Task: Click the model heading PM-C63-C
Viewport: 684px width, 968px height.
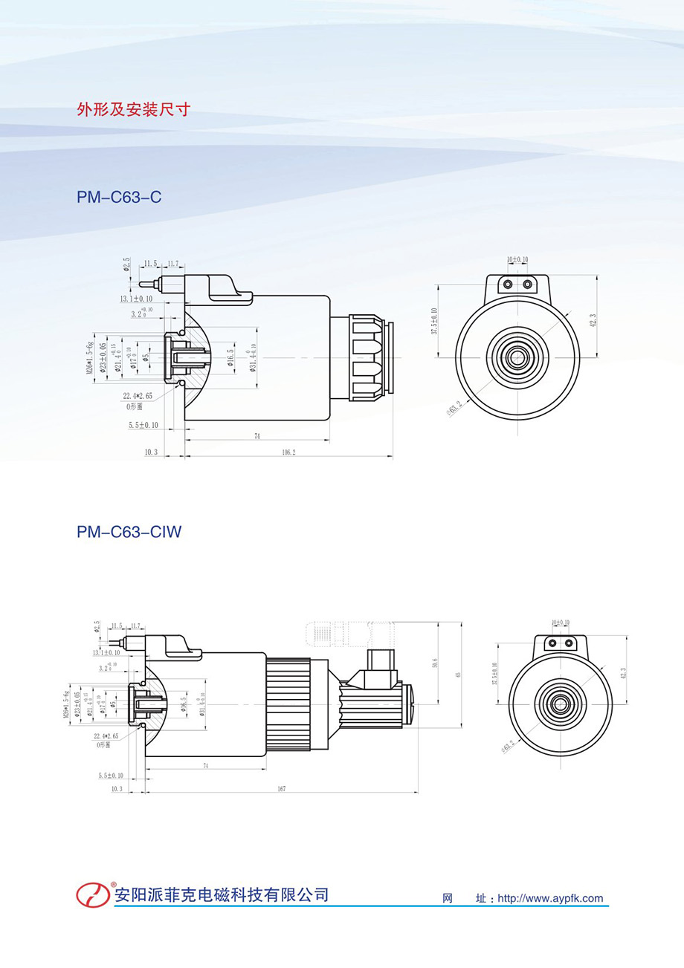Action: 119,198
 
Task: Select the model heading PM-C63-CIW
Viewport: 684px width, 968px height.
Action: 129,532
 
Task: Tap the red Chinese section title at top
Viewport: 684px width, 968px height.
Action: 134,110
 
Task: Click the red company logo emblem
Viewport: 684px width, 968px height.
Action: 93,894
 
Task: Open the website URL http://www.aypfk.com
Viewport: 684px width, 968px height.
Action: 550,898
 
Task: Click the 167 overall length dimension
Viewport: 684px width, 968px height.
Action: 281,788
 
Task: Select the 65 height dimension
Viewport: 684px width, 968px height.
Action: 459,675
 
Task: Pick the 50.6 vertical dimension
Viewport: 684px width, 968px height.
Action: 435,666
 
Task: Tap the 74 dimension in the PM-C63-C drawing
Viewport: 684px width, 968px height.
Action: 256,436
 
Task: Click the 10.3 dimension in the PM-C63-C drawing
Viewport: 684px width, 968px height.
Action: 152,452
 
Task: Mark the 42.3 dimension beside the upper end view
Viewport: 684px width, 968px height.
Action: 593,319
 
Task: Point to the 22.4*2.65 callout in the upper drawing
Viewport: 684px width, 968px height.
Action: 139,396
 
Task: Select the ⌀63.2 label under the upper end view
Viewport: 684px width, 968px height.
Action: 454,408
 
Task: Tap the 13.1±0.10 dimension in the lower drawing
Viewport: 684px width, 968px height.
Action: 108,652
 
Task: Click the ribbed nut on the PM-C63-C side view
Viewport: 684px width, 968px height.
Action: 367,357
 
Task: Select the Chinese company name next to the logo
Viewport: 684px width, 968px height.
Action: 221,894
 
